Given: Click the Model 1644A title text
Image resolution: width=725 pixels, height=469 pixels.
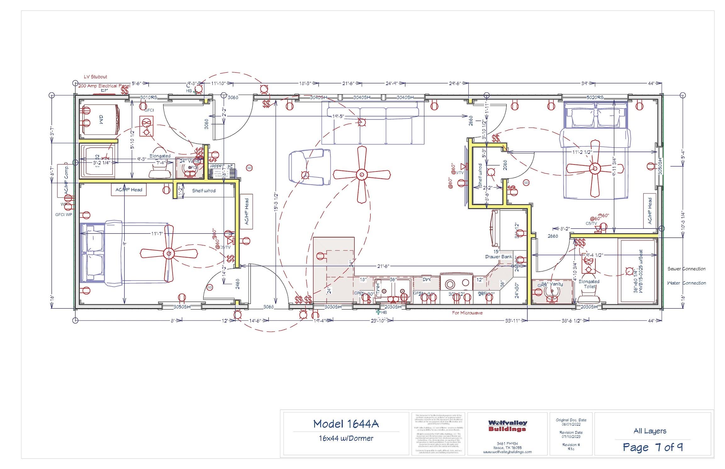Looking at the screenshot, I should pyautogui.click(x=346, y=424).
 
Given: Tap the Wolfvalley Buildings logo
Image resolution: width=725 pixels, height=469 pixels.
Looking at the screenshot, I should pyautogui.click(x=508, y=426).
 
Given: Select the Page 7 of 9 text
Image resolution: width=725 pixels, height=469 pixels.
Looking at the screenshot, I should pyautogui.click(x=653, y=447).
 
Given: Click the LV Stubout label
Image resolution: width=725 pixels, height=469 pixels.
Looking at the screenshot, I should pyautogui.click(x=95, y=77).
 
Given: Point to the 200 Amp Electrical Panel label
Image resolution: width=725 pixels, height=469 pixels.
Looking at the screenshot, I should pyautogui.click(x=104, y=86).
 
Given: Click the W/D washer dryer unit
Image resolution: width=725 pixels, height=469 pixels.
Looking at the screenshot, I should pyautogui.click(x=100, y=120).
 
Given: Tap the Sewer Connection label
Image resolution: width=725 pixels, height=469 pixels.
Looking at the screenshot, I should pyautogui.click(x=686, y=269).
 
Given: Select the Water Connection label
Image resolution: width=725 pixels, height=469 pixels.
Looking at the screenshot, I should pyautogui.click(x=686, y=283).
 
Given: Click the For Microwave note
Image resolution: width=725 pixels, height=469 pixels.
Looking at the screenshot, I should pyautogui.click(x=467, y=313).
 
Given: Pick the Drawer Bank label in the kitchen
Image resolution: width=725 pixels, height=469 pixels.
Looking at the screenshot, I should pyautogui.click(x=498, y=257).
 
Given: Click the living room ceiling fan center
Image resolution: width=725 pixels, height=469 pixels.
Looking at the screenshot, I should pyautogui.click(x=362, y=174).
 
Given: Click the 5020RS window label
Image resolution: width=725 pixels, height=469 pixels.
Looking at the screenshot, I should pyautogui.click(x=595, y=97).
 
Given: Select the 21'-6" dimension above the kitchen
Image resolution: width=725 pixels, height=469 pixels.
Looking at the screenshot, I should pyautogui.click(x=383, y=266).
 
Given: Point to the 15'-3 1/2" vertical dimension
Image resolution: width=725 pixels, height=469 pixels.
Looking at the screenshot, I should pyautogui.click(x=276, y=201).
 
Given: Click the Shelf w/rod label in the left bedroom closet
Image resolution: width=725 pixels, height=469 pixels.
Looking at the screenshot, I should pyautogui.click(x=204, y=191).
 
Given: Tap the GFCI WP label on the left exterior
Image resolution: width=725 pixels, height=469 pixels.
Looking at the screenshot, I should pyautogui.click(x=64, y=215).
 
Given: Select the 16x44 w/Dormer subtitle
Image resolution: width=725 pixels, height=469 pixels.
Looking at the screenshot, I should pyautogui.click(x=346, y=438).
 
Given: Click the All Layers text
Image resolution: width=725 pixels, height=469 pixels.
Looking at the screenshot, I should pyautogui.click(x=650, y=431).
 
